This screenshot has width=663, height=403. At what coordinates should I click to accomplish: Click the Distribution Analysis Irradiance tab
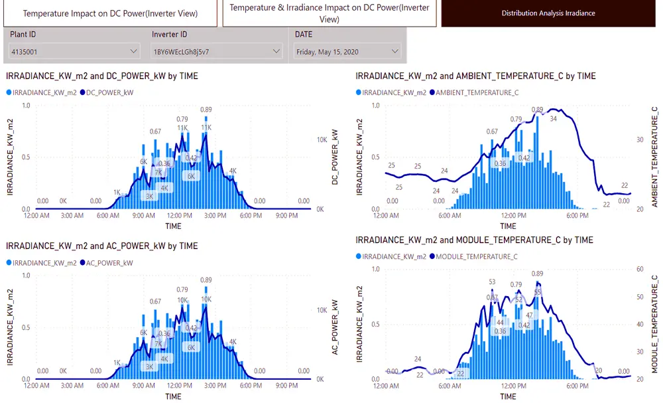pyautogui.click(x=548, y=13)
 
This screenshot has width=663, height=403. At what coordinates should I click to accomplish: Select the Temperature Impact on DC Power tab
pyautogui.click(x=109, y=13)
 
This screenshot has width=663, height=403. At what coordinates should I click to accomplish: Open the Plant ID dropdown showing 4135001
pyautogui.click(x=74, y=50)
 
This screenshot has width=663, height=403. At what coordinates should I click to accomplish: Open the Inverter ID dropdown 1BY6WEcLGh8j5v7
pyautogui.click(x=216, y=50)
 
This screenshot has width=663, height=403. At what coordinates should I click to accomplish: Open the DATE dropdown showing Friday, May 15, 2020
pyautogui.click(x=348, y=51)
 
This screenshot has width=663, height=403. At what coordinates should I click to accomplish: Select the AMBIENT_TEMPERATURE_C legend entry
pyautogui.click(x=474, y=92)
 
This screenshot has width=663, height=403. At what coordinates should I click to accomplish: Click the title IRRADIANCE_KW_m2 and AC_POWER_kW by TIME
pyautogui.click(x=101, y=246)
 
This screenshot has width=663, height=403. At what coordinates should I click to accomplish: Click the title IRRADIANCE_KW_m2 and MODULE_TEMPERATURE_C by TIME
pyautogui.click(x=474, y=240)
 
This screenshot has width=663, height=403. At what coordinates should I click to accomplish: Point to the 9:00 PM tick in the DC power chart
pyautogui.click(x=287, y=216)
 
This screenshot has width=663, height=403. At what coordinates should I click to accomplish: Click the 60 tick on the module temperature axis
pyautogui.click(x=640, y=270)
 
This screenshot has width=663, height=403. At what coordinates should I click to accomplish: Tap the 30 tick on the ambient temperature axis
pyautogui.click(x=640, y=139)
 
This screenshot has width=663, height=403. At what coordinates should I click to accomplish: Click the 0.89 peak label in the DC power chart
pyautogui.click(x=206, y=110)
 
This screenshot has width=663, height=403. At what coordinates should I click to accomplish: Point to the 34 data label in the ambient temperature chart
pyautogui.click(x=553, y=120)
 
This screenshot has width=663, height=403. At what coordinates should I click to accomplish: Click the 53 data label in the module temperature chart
pyautogui.click(x=492, y=282)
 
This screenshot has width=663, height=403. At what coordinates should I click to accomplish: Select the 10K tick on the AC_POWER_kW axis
pyautogui.click(x=321, y=310)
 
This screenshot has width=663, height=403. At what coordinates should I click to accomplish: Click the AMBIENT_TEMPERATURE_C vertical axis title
pyautogui.click(x=654, y=156)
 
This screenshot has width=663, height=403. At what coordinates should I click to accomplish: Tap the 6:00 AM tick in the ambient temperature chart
pyautogui.click(x=451, y=216)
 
